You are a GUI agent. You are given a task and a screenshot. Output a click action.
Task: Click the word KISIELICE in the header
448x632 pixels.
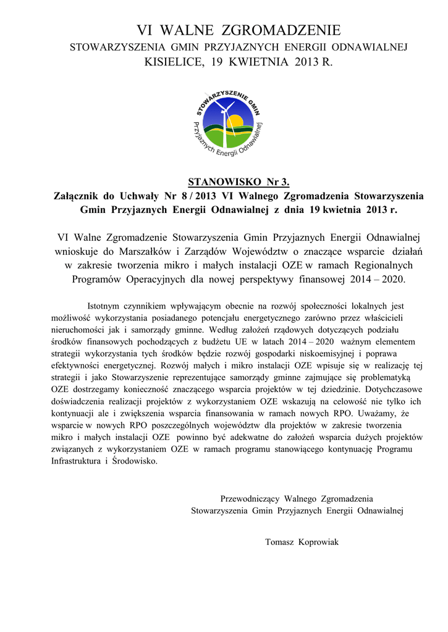pos(171,62)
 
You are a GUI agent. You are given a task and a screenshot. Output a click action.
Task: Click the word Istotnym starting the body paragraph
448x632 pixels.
pos(108,306)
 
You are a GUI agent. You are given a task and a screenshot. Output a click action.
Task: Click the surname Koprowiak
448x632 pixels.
pos(319,542)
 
